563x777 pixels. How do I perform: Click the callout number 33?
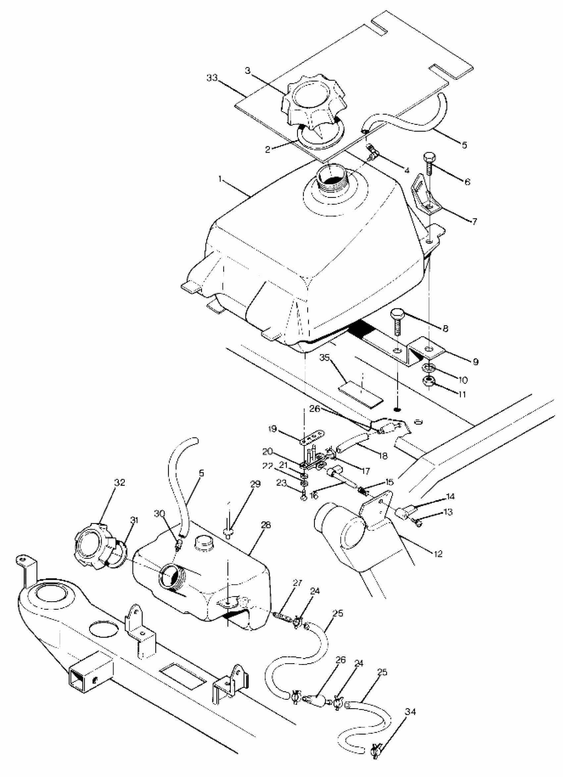(x=212, y=78)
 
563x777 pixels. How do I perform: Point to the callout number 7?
(x=474, y=222)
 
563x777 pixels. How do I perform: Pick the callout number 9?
(x=475, y=362)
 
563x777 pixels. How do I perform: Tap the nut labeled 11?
(x=428, y=381)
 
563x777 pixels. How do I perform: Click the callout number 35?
(x=325, y=358)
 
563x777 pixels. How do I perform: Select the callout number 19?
(x=273, y=429)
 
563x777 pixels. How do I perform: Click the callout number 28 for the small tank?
(x=266, y=525)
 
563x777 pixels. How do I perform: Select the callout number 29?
(x=255, y=484)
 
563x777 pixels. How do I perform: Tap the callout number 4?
(x=406, y=170)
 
